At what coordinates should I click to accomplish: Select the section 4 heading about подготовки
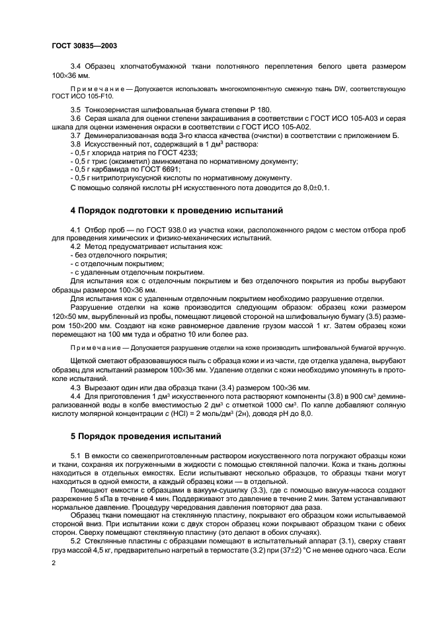click(177, 211)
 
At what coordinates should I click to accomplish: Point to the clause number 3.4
click(75, 67)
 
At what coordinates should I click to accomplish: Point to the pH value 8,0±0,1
click(312, 187)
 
